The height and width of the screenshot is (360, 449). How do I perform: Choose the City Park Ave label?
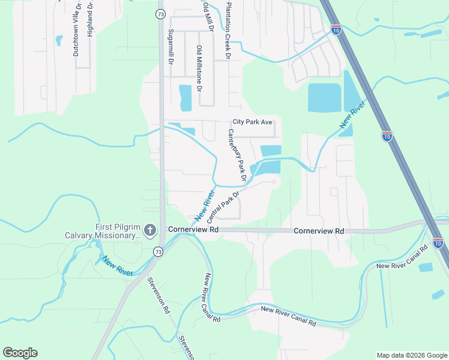[x=253, y=122]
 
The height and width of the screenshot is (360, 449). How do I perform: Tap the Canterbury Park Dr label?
[x=237, y=154]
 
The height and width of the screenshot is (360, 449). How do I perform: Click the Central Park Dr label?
[x=223, y=205]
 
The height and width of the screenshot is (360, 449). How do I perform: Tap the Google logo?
[x=20, y=353]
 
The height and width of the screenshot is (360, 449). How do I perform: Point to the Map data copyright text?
[x=412, y=355]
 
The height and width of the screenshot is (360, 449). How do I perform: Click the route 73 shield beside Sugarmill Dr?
[x=159, y=13]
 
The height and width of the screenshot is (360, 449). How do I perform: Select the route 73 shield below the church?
[x=157, y=251]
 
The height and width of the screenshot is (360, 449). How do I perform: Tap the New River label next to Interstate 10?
[x=352, y=115]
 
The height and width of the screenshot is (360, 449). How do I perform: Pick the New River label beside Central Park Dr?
[x=204, y=206]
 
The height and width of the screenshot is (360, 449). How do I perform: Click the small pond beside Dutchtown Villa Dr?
[x=59, y=41]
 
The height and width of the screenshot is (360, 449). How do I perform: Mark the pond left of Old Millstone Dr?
[x=185, y=98]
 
